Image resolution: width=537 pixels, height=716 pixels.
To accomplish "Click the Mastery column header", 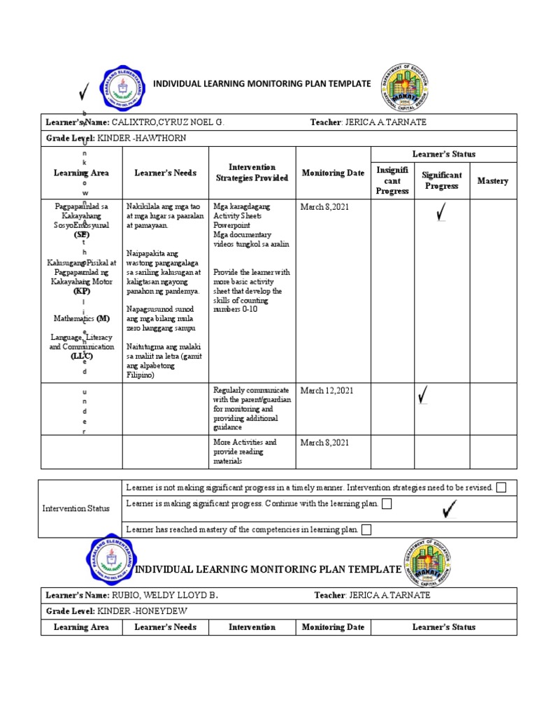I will tap(492, 181).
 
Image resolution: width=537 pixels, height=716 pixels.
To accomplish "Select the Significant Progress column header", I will tap(441, 181).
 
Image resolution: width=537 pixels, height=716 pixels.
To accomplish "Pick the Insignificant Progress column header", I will tap(392, 180).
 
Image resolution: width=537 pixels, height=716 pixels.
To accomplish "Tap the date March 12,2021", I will tap(325, 390).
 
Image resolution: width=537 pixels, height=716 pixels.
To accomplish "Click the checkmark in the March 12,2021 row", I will tap(423, 396).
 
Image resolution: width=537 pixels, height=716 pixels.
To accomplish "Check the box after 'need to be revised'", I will tap(501, 487).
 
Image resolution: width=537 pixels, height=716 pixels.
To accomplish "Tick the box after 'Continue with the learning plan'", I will tap(387, 504).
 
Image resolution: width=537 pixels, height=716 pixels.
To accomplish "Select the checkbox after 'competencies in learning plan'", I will tap(366, 530).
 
